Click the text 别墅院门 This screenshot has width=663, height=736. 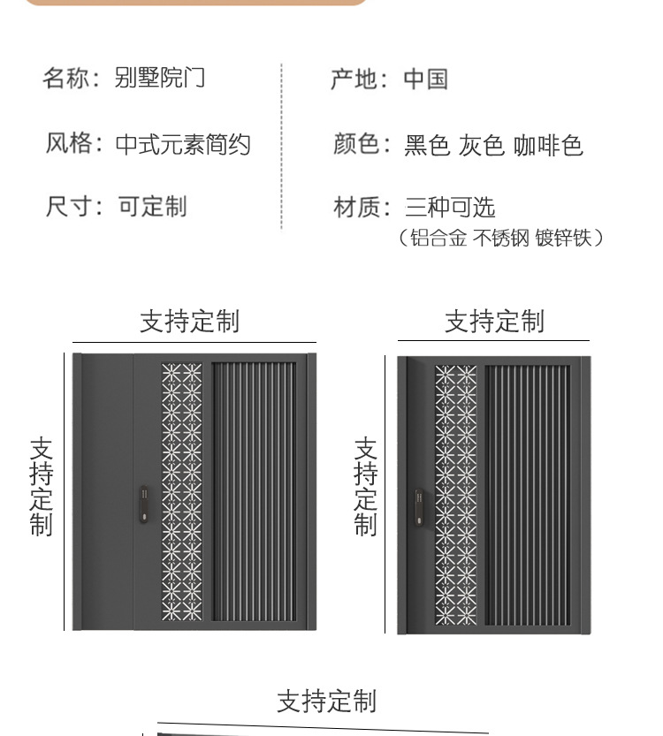point(160,78)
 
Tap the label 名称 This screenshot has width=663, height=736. point(65,78)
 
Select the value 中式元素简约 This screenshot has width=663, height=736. point(183,144)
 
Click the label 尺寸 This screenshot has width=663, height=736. point(67,207)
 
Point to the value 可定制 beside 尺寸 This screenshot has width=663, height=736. point(152,207)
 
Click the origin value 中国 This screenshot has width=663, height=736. point(425,79)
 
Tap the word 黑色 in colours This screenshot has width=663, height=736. point(427,145)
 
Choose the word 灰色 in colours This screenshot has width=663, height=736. point(481,145)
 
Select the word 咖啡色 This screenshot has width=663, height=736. point(548,145)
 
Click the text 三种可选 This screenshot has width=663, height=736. point(449,208)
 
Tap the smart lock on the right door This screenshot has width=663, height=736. point(418,505)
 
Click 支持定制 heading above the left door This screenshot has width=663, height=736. point(189,321)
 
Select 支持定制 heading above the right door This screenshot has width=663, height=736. point(494,321)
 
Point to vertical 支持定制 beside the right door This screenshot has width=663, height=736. point(365,486)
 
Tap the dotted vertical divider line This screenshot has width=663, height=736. point(281,146)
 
